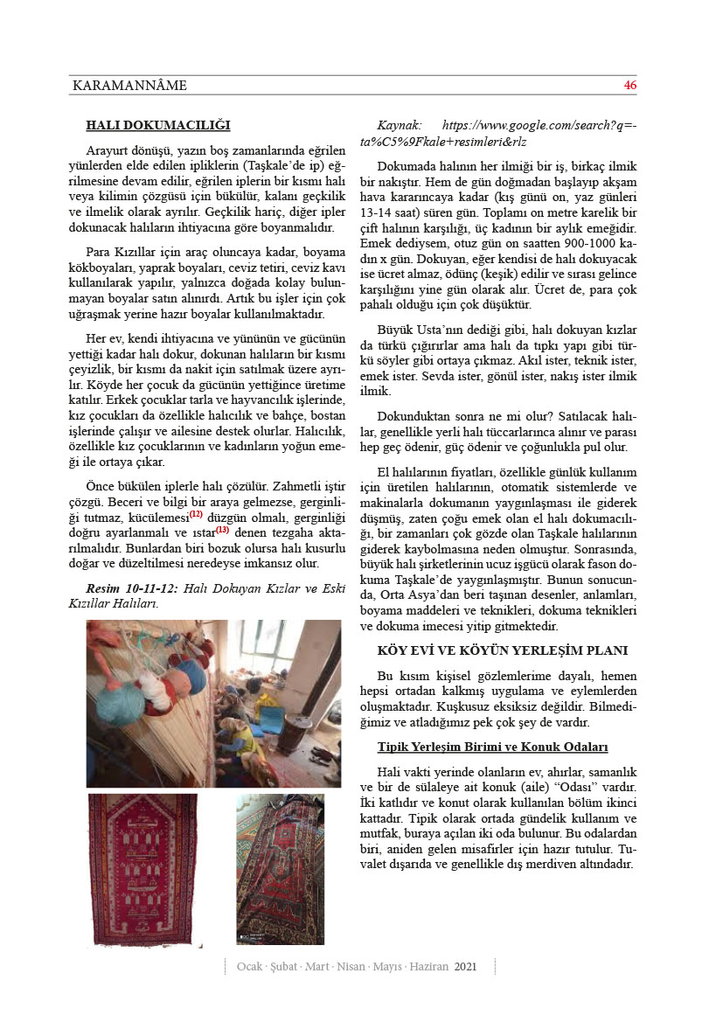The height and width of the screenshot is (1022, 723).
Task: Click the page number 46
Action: point(629,86)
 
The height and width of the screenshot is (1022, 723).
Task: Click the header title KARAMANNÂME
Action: point(129,86)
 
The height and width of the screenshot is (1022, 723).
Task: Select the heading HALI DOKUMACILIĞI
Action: point(158,124)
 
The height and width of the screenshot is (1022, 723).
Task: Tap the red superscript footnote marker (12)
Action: point(196,514)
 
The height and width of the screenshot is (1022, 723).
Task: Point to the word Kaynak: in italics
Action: point(399,125)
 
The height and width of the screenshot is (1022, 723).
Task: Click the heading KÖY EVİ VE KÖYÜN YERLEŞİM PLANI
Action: point(503,650)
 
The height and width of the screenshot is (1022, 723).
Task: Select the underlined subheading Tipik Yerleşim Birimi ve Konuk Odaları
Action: point(492,747)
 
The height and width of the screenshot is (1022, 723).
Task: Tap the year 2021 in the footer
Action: point(466,967)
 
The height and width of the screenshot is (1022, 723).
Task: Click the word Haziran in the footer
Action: point(428,967)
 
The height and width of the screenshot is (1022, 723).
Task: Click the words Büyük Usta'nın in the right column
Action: point(415,330)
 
